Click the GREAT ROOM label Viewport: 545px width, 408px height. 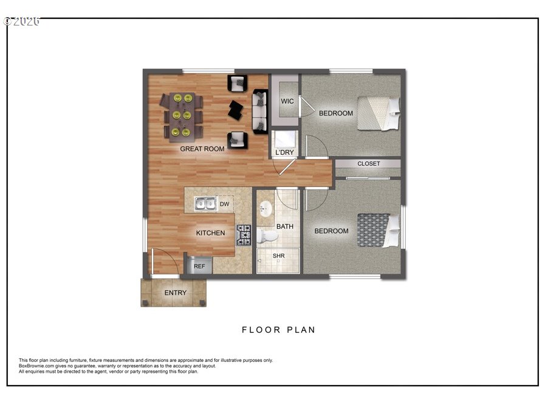click(x=202, y=149)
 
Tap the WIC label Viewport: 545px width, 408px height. click(x=287, y=101)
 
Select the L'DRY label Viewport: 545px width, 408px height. click(x=284, y=152)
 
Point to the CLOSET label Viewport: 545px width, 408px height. click(x=368, y=163)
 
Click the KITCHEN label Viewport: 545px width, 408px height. click(x=210, y=233)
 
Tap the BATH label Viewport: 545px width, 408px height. click(x=285, y=226)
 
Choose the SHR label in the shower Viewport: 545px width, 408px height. click(x=278, y=256)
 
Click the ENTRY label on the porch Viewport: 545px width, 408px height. click(x=175, y=293)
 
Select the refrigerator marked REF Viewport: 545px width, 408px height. click(x=199, y=265)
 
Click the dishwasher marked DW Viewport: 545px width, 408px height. click(x=225, y=204)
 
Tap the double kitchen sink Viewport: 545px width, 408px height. click(x=205, y=203)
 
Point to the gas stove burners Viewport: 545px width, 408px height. click(x=244, y=235)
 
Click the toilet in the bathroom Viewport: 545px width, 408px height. click(x=267, y=236)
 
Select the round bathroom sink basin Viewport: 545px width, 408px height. click(x=266, y=209)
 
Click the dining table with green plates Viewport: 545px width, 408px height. click(x=182, y=117)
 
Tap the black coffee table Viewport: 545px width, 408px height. click(x=236, y=110)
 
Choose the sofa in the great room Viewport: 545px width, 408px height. click(x=259, y=111)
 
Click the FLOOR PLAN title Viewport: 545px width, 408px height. click(x=278, y=330)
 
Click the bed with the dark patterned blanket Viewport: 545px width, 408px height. click(x=379, y=230)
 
